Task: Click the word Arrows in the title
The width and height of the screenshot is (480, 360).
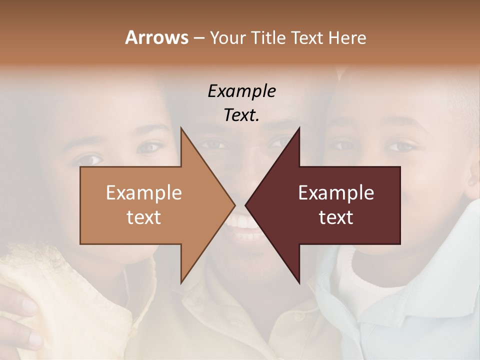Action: point(156,37)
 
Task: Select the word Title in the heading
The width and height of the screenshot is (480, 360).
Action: point(270,38)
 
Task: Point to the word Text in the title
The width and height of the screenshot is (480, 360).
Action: point(308,38)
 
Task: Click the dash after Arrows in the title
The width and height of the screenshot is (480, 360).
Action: point(198,38)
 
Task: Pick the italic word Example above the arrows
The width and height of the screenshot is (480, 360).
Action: point(241,91)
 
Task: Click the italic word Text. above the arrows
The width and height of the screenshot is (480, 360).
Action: point(241,115)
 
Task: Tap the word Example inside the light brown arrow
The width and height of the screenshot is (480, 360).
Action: point(143,193)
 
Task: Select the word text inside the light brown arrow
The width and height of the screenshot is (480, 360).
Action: point(143,217)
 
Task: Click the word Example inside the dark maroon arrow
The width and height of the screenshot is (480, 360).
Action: point(336,193)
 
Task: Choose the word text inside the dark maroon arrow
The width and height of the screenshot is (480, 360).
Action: point(336,217)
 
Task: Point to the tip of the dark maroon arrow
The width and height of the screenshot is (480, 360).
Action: point(246,205)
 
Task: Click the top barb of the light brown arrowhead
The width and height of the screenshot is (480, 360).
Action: point(181,130)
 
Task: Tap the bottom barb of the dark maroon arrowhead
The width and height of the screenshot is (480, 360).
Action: point(298,281)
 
